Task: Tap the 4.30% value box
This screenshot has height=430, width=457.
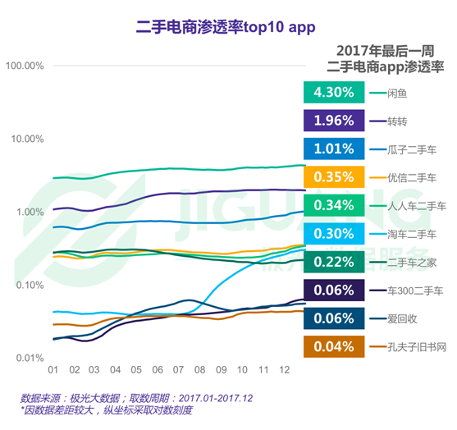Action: coord(333,94)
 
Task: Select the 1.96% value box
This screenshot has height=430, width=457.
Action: coord(333,121)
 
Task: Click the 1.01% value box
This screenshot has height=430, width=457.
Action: coord(333,149)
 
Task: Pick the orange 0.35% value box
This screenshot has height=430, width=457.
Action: coord(333,177)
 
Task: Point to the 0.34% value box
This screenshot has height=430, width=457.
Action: coord(333,205)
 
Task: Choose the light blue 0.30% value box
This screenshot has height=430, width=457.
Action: coord(333,234)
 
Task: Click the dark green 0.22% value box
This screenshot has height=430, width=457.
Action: coord(333,262)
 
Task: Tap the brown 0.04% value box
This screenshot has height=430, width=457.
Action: coord(333,346)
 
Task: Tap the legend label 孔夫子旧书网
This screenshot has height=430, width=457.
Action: coord(416,346)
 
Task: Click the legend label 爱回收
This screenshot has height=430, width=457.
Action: coord(402,318)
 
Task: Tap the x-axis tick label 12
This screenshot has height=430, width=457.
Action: coord(283,370)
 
